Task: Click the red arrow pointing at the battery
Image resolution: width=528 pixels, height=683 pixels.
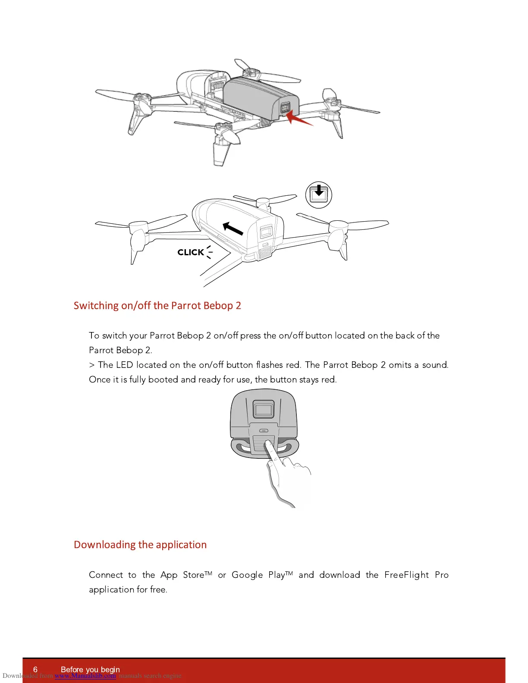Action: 299,117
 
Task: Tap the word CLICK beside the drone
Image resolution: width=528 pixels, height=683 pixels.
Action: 191,252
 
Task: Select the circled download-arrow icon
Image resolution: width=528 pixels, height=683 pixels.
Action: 319,195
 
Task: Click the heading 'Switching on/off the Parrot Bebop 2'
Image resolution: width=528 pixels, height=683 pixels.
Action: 157,306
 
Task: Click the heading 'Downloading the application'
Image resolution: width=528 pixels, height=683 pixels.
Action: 140,545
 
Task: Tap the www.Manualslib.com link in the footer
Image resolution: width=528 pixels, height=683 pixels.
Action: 85,676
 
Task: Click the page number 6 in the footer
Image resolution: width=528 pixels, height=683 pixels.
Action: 35,670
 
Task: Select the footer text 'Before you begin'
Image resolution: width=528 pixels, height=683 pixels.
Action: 90,670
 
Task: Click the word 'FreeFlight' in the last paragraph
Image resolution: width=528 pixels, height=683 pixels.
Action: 406,575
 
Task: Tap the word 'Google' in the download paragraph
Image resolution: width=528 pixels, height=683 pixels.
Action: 247,575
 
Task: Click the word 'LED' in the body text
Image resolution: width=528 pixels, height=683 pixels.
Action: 124,365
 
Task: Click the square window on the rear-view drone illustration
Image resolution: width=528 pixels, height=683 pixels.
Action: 263,409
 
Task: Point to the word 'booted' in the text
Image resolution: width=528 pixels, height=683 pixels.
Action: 163,379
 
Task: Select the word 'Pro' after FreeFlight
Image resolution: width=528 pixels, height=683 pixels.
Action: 442,575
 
